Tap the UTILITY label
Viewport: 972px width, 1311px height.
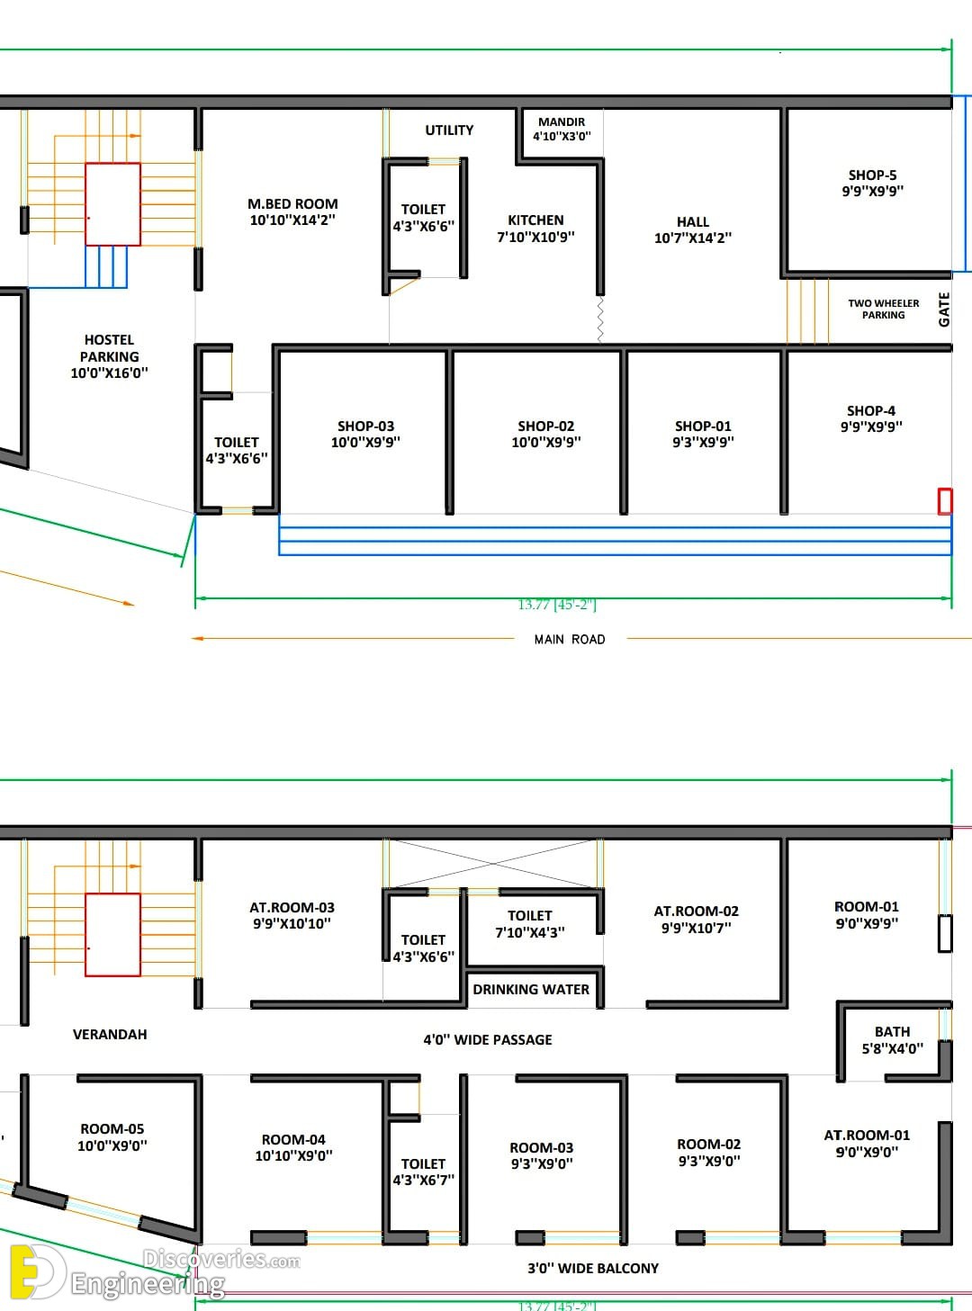(x=449, y=130)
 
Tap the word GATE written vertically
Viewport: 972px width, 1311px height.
(x=944, y=310)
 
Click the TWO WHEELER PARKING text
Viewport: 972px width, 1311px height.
(x=883, y=309)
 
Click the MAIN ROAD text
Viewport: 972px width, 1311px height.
(x=570, y=639)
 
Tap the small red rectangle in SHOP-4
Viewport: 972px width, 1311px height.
(x=945, y=500)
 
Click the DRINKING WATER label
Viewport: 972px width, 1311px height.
(x=531, y=989)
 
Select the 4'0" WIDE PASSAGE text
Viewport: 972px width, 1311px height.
(x=488, y=1039)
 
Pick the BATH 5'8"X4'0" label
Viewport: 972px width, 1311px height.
(x=892, y=1039)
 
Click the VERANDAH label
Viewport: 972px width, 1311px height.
(x=110, y=1034)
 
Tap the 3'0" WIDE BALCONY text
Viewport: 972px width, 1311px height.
(x=593, y=1268)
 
